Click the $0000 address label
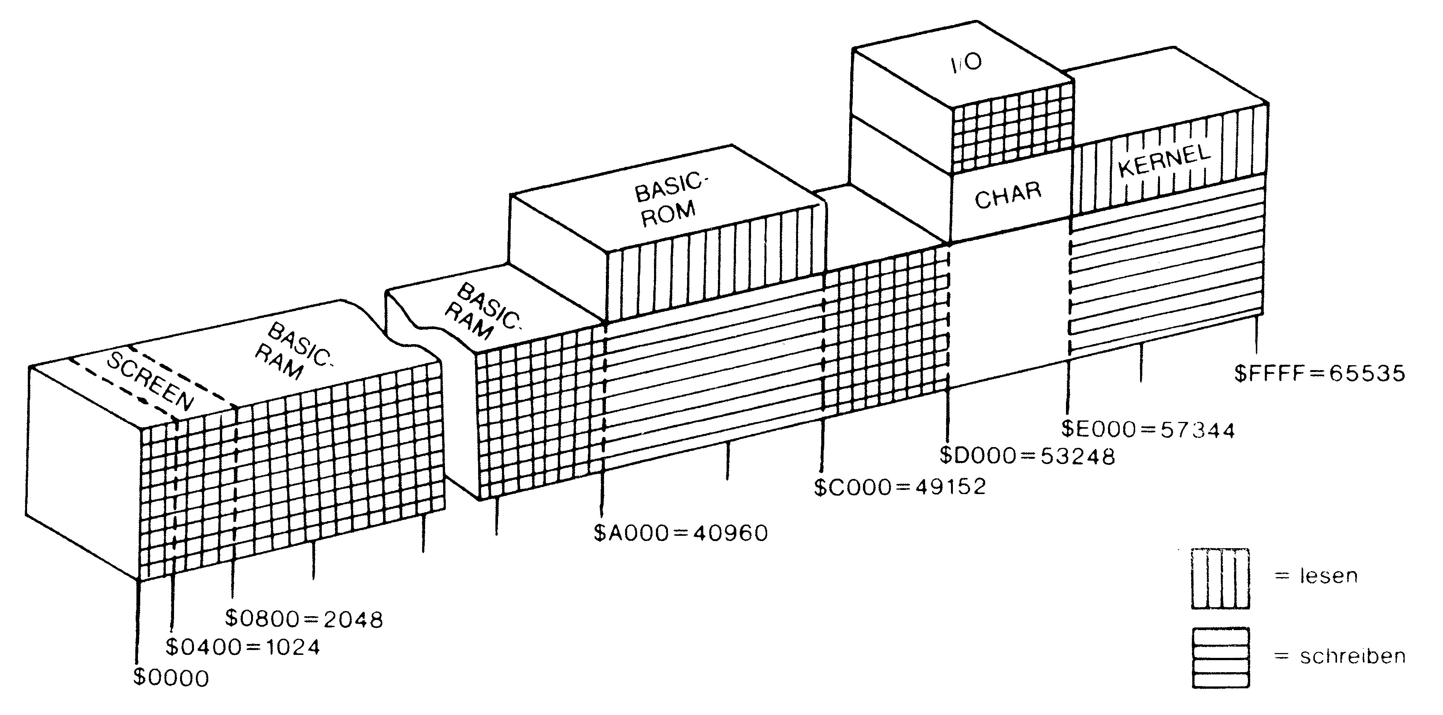pyautogui.click(x=171, y=678)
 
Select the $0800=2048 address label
pyautogui.click(x=304, y=619)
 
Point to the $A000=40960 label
pyautogui.click(x=681, y=533)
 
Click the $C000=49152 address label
pyautogui.click(x=899, y=487)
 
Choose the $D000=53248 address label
pyautogui.click(x=1027, y=457)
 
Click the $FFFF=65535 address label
pyautogui.click(x=1320, y=373)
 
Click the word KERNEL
pyautogui.click(x=1164, y=161)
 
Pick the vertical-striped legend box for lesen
pyautogui.click(x=1220, y=578)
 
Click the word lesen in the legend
pyautogui.click(x=1328, y=576)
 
